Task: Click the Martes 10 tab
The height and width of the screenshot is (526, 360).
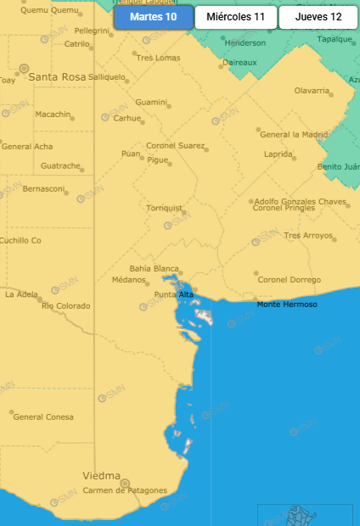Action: (153, 17)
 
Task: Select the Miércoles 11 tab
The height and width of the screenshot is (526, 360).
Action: (235, 17)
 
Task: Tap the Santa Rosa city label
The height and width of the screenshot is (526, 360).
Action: (58, 76)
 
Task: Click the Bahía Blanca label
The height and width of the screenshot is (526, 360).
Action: (154, 268)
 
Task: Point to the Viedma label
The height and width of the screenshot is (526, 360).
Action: (101, 476)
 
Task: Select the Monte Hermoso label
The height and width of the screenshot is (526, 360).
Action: (287, 305)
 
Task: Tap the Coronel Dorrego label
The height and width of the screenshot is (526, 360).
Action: (290, 280)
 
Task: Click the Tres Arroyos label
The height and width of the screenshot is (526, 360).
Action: (309, 235)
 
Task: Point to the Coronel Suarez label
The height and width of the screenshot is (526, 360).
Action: (175, 146)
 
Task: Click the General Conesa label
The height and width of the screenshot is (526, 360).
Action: (43, 417)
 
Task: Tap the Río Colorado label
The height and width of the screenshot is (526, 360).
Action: (65, 305)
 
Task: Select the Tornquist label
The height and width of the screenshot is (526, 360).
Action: (165, 207)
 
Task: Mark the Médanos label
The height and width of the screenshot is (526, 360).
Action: (130, 280)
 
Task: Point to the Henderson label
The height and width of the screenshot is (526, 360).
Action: (245, 42)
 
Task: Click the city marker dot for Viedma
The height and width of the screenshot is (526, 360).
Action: (124, 483)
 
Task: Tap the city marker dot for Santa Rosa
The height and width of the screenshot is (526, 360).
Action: (24, 67)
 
